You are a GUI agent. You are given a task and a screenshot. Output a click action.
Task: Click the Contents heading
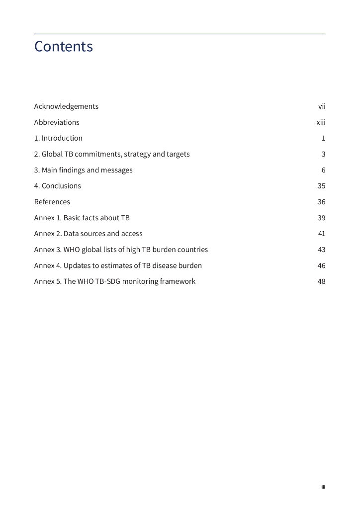point(63,46)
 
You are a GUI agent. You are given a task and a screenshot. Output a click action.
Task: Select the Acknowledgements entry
point(66,106)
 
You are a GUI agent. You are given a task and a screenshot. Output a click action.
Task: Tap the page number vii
point(322,106)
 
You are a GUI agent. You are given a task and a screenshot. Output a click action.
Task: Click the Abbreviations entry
point(57,122)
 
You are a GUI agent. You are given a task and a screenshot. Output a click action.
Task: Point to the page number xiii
point(321,122)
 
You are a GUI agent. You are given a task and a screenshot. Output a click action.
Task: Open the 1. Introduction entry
point(58,138)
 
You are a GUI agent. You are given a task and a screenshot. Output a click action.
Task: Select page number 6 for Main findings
point(323,170)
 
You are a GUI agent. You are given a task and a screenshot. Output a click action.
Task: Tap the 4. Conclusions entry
point(57,186)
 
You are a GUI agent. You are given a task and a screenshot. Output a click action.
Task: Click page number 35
point(321,186)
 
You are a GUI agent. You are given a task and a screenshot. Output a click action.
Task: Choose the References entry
point(52,202)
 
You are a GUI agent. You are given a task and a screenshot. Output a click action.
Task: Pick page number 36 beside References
point(321,202)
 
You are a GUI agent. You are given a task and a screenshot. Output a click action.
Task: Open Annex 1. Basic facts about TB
point(82,218)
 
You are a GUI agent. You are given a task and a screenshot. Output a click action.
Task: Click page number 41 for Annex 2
point(321,234)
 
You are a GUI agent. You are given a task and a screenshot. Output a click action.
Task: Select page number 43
point(321,250)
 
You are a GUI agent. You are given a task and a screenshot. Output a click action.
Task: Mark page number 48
point(321,281)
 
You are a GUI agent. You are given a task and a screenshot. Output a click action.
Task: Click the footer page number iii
point(323,487)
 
